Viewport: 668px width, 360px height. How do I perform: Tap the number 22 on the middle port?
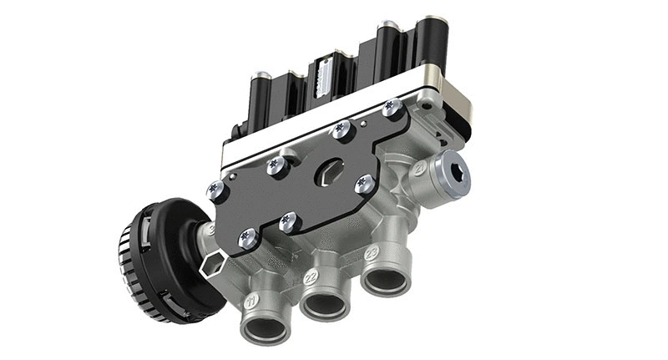[x=311, y=275]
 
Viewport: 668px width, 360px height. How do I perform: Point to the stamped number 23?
[x=372, y=251]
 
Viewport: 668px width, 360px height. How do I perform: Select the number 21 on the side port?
[x=418, y=169]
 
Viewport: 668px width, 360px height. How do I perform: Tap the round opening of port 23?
[x=387, y=280]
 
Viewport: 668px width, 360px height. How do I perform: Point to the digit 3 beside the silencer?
[x=210, y=227]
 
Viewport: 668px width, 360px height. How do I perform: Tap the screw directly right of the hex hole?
[x=363, y=184]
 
